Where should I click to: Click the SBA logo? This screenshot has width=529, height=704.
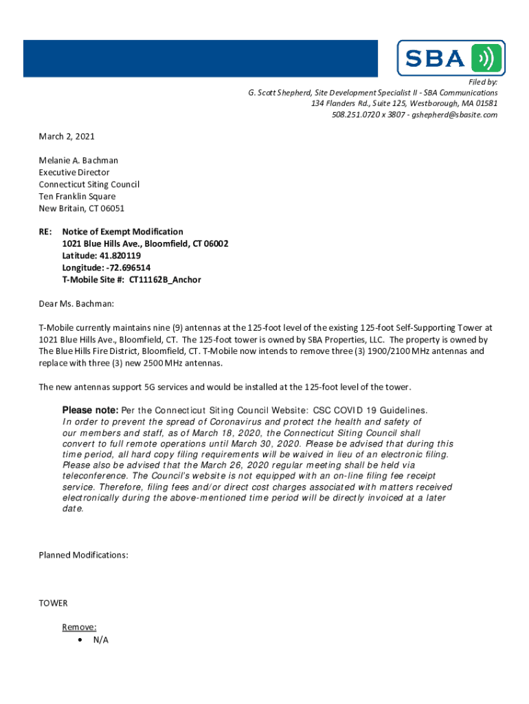(x=451, y=58)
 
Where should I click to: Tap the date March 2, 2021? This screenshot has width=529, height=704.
(x=67, y=137)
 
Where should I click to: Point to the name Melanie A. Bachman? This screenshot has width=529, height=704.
(x=78, y=161)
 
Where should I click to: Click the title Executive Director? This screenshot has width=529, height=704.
(x=74, y=173)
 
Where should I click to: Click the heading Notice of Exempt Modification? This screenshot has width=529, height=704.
(x=123, y=232)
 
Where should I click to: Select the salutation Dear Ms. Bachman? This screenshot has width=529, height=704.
(x=76, y=303)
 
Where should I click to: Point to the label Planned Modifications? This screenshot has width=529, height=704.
(x=83, y=555)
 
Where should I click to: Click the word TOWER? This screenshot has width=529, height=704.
(x=54, y=603)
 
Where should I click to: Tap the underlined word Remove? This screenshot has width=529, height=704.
(x=79, y=627)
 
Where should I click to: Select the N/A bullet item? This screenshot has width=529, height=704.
(x=100, y=640)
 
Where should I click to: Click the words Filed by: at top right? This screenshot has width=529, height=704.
(x=483, y=82)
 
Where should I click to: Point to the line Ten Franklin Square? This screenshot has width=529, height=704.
(x=77, y=197)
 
